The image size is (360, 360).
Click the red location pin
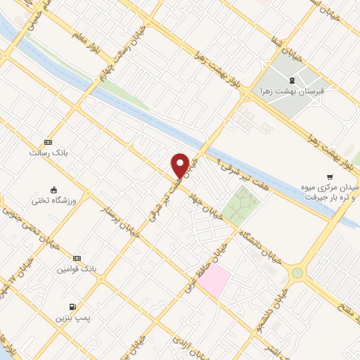[181, 165]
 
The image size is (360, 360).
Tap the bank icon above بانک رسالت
[47, 141]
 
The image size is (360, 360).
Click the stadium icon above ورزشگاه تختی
[53, 189]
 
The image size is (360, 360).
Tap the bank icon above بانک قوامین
[77, 259]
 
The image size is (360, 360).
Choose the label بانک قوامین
[77, 269]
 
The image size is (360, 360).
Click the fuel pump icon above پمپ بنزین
[72, 307]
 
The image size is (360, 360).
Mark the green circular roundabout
[297, 273]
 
